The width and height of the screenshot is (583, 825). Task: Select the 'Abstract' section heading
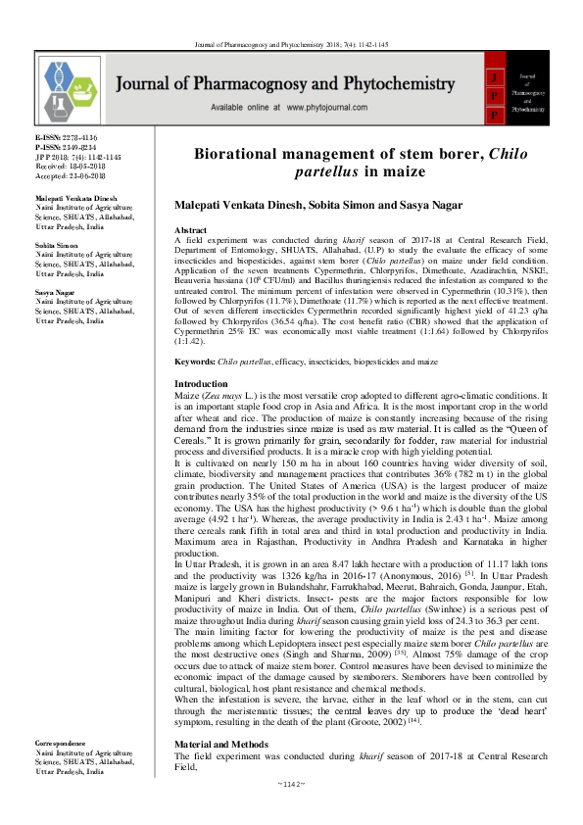click(x=194, y=228)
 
